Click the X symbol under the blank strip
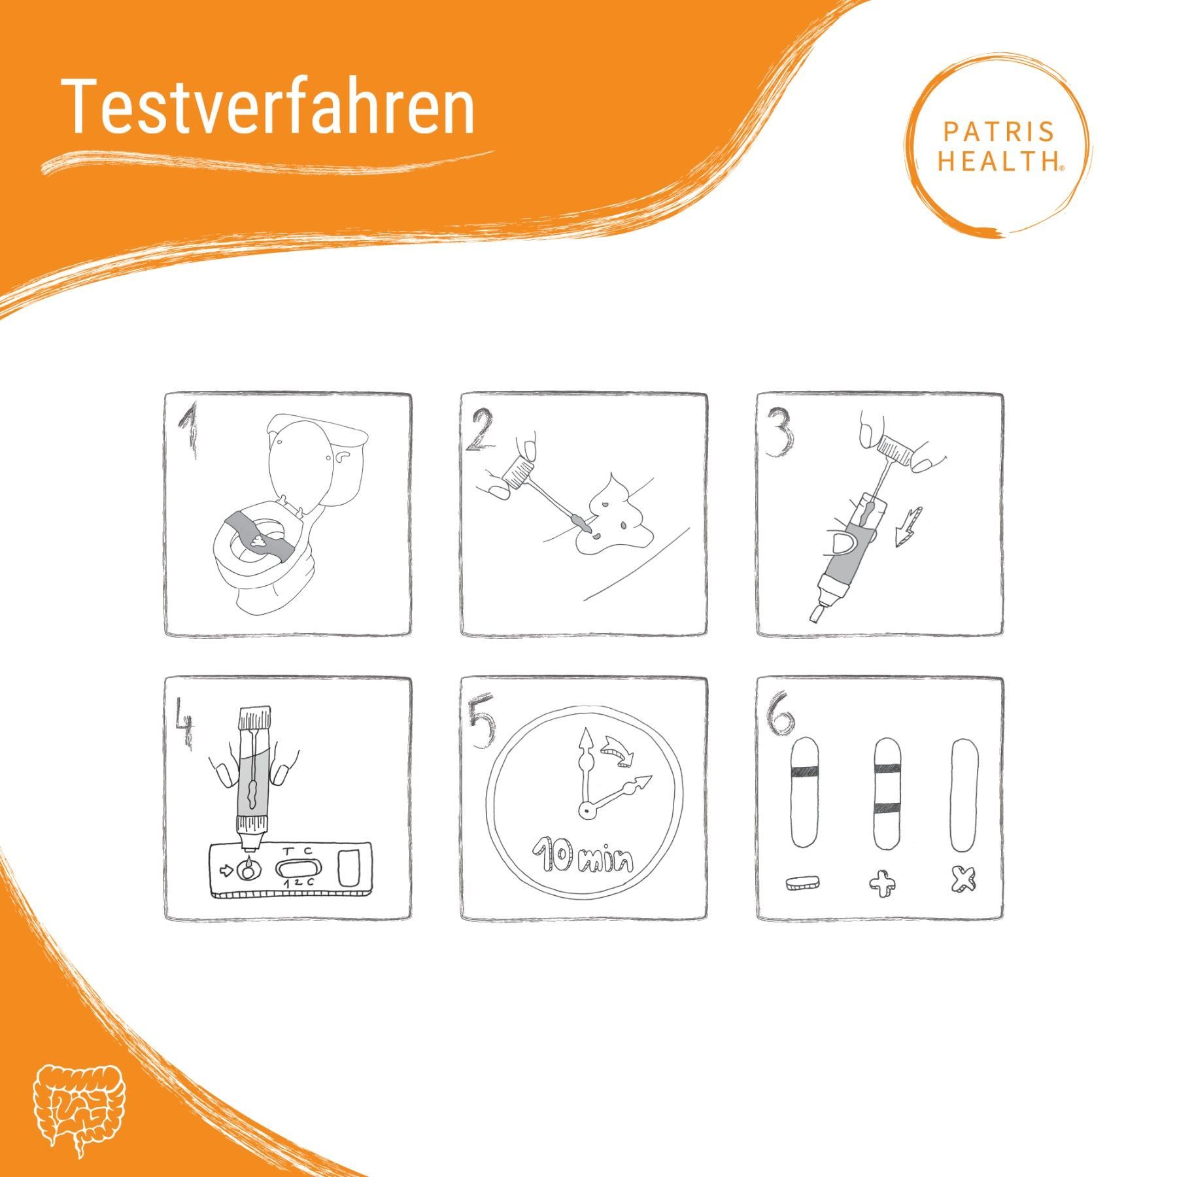tap(963, 880)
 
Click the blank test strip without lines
tap(964, 795)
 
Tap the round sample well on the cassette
tap(248, 872)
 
